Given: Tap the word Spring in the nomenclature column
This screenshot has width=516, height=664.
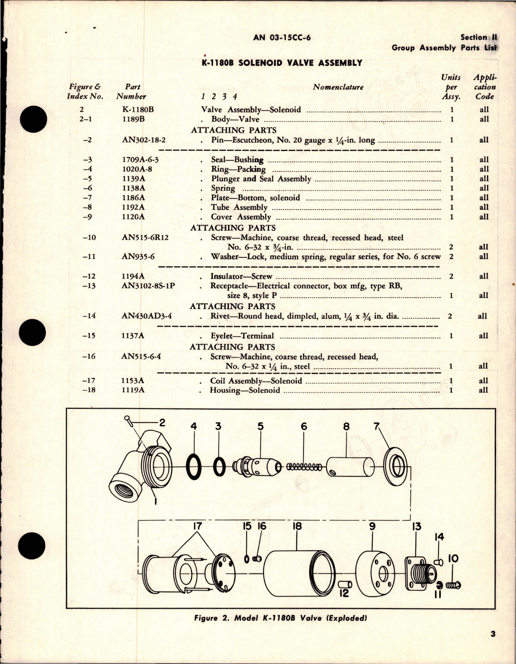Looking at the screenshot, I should (x=223, y=188).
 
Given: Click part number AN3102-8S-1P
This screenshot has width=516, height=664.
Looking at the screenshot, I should (x=148, y=286).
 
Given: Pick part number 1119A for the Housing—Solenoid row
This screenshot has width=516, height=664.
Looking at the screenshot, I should (x=133, y=390).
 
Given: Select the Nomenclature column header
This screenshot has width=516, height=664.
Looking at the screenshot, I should (x=338, y=87).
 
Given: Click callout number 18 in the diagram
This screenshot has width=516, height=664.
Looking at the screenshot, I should (x=297, y=526).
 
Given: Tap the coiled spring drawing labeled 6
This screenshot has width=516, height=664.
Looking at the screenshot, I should (x=303, y=467).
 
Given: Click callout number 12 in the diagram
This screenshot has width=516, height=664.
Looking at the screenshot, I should (x=344, y=593).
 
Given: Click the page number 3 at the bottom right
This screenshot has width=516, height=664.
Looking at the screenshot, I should (x=493, y=646).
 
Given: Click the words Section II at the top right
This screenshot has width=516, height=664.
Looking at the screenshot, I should (x=478, y=37).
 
